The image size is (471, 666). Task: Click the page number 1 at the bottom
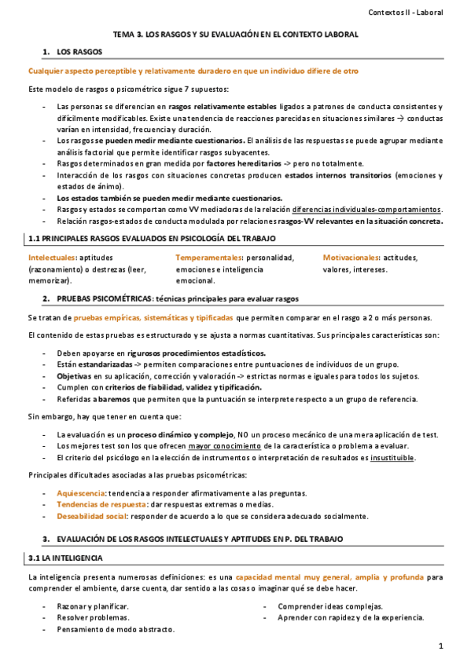click(x=442, y=646)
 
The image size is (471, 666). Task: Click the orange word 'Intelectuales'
click(x=52, y=258)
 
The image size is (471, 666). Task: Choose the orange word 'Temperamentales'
click(x=209, y=258)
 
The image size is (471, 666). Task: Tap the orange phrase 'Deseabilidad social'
click(x=91, y=516)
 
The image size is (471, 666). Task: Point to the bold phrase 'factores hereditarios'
click(x=201, y=163)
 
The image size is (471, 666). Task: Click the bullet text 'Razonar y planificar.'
click(x=93, y=606)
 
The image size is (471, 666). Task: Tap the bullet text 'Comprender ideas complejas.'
click(x=330, y=606)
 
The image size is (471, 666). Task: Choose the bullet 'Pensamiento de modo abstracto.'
click(x=116, y=629)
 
